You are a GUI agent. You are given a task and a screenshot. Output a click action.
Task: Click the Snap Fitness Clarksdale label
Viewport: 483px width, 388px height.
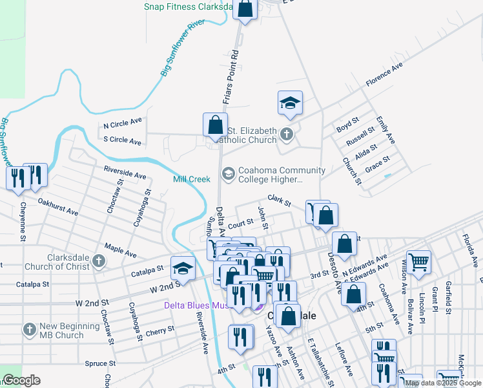coord(187,7)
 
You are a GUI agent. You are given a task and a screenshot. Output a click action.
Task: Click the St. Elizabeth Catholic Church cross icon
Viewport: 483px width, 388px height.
coord(287,135)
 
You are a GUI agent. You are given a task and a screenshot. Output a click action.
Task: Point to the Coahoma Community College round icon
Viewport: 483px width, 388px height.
coord(228,173)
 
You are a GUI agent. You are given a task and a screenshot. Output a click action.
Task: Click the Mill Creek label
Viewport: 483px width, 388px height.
coord(192,179)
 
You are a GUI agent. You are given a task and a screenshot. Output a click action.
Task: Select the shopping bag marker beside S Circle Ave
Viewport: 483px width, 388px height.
coord(215,125)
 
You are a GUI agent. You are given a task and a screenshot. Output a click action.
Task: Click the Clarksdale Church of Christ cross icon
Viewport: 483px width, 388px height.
coord(98,261)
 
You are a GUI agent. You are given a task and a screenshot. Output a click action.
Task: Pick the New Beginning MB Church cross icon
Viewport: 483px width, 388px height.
coord(29,330)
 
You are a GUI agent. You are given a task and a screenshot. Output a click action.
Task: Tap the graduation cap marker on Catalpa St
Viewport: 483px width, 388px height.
coord(183,268)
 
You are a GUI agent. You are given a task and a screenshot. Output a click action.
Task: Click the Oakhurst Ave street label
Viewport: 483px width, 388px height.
coord(58,208)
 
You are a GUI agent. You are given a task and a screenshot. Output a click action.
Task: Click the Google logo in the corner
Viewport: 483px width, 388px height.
coord(21,380)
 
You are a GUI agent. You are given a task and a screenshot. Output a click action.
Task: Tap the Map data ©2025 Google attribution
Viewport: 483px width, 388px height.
coord(443,383)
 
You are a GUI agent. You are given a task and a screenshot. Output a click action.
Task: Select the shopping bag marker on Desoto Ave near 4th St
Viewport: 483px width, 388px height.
coord(353,294)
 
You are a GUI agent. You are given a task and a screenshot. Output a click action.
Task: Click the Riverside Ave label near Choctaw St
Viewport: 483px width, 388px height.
coord(125,173)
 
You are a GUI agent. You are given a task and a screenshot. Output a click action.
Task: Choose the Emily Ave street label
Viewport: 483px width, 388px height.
coord(387,130)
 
